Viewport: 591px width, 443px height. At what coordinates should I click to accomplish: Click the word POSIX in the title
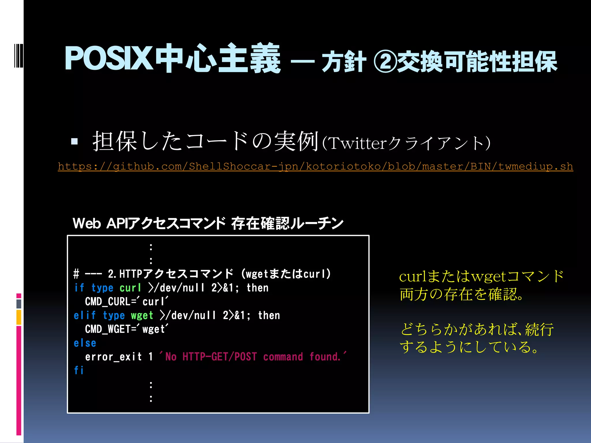point(108,59)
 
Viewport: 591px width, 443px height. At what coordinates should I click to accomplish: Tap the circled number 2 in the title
point(385,61)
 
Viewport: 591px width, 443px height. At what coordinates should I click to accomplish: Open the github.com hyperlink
point(315,166)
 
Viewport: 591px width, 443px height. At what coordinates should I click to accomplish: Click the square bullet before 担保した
point(74,141)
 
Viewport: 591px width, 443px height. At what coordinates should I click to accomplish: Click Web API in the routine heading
point(99,224)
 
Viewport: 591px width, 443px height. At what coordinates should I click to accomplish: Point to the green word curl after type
point(130,288)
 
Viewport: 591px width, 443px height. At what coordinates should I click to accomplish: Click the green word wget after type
point(142,316)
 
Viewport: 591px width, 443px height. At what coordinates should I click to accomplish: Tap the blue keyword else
point(85,343)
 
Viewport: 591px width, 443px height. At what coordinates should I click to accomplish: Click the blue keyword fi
point(79,370)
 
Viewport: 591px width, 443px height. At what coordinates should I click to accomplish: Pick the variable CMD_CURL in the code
point(108,302)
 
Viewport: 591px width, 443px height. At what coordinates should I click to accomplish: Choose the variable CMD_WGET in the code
point(108,329)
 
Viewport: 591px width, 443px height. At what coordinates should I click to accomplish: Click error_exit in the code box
point(113,357)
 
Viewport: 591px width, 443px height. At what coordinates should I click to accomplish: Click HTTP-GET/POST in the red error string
point(219,357)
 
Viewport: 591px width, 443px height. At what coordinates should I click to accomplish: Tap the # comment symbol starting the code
point(76,274)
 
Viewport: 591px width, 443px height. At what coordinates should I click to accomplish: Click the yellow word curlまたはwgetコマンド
point(481,276)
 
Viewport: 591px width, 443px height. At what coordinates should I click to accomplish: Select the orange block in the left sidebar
point(19,317)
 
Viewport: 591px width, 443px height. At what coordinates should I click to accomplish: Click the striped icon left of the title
point(19,55)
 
